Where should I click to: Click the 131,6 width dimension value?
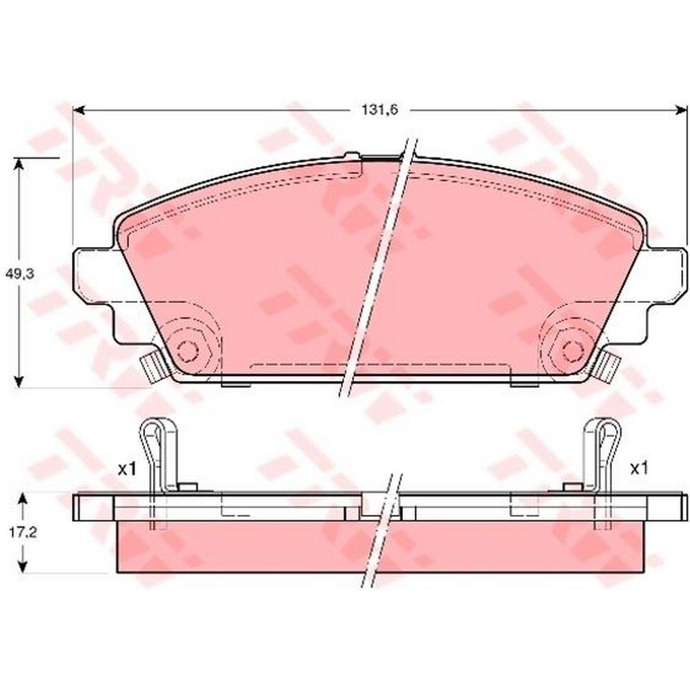click(x=379, y=110)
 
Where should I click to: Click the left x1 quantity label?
click(x=127, y=469)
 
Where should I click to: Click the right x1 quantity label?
click(x=639, y=469)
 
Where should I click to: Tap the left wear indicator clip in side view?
click(x=159, y=457)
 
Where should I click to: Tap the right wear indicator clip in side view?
click(x=602, y=457)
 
